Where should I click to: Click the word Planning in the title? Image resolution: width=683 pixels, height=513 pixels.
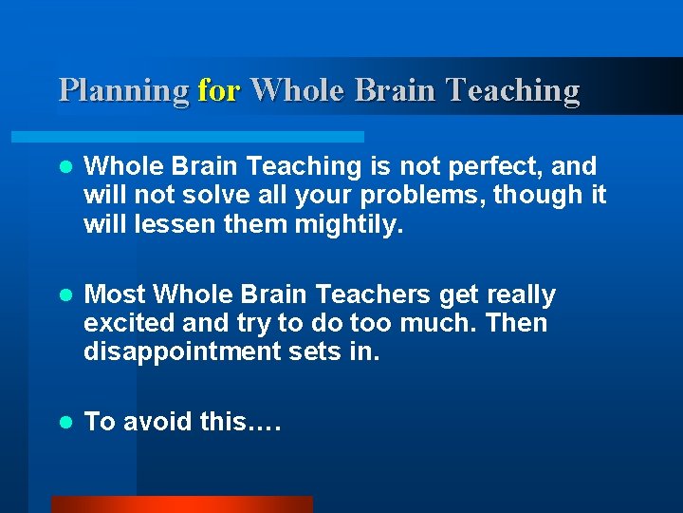point(123,90)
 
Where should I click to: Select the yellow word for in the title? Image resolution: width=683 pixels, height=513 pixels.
point(220,90)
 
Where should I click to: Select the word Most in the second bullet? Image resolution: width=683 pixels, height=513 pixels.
point(115,294)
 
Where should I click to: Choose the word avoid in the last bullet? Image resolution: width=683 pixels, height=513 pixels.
point(157,422)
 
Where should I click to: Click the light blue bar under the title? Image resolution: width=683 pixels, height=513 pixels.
point(209,137)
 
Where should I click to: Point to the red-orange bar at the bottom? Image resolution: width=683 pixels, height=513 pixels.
point(181,503)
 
